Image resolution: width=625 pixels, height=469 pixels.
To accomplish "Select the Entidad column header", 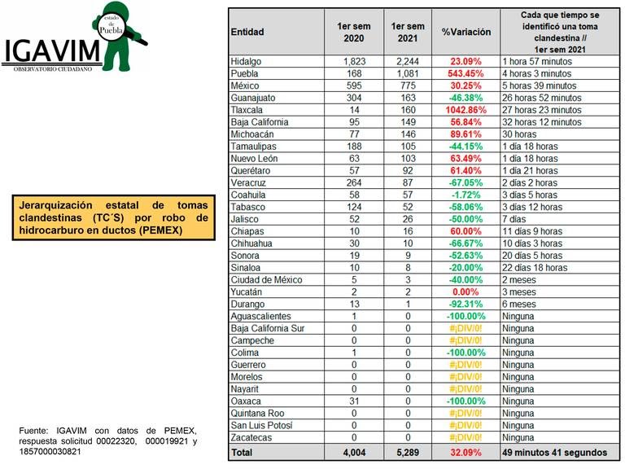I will click(x=247, y=32).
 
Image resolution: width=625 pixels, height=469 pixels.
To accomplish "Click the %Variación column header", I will click(x=466, y=32).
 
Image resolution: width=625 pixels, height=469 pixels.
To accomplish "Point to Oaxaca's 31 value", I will click(x=352, y=401).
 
